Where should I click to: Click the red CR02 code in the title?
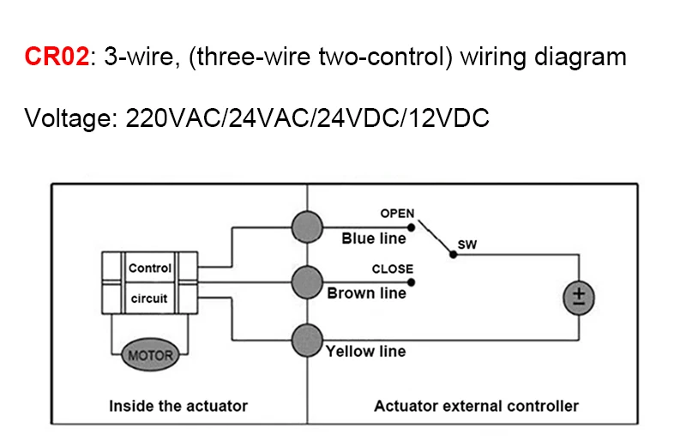[57, 57]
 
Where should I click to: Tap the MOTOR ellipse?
[150, 354]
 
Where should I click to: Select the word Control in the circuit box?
[149, 268]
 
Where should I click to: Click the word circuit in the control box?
[149, 299]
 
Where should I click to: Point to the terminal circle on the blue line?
[307, 227]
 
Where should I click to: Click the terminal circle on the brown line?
[307, 282]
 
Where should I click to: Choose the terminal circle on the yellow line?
[307, 341]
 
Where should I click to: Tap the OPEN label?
[397, 214]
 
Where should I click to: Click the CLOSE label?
[393, 269]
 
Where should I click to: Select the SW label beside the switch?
[467, 245]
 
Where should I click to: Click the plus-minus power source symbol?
[579, 298]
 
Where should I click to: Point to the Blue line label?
[374, 239]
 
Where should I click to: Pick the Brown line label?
[367, 293]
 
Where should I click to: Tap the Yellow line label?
[366, 351]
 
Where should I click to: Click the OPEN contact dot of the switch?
[411, 227]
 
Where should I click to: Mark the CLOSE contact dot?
[411, 282]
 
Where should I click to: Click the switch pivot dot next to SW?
[454, 254]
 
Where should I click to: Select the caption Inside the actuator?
[178, 406]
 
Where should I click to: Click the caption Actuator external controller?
[477, 406]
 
